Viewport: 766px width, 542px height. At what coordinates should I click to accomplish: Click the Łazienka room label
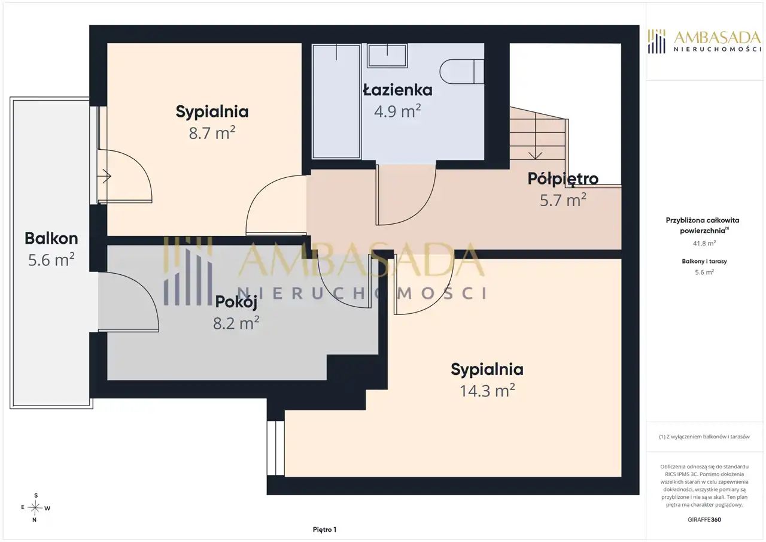tap(397, 90)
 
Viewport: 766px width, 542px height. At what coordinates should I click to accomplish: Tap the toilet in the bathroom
tap(461, 71)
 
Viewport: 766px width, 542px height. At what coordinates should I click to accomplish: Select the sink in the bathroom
tap(387, 55)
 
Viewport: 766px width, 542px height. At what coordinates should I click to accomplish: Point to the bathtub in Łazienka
tap(336, 101)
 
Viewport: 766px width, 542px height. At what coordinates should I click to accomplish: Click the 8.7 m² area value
tap(212, 132)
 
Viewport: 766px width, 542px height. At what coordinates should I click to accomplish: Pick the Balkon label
tap(51, 238)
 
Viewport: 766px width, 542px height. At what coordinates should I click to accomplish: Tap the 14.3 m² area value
tap(487, 390)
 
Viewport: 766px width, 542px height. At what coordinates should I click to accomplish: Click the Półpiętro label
tap(563, 179)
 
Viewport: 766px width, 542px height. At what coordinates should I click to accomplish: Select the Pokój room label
tap(236, 302)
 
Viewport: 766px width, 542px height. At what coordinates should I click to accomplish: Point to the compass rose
tap(35, 508)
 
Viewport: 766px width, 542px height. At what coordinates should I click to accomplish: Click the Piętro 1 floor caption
tap(324, 529)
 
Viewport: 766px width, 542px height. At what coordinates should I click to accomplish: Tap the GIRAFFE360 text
tap(704, 519)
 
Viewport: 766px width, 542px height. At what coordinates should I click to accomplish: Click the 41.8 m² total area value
tap(704, 243)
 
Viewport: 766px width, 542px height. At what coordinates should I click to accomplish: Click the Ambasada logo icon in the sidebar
tap(656, 41)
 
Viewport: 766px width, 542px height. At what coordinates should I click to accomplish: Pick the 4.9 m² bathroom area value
tap(397, 111)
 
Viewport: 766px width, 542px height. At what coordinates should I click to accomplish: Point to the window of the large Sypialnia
tap(276, 448)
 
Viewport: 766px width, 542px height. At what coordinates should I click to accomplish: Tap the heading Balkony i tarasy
tap(704, 261)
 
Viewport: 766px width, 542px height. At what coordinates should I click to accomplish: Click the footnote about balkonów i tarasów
tap(704, 437)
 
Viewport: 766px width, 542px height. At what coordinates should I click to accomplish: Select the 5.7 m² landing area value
tap(563, 200)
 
